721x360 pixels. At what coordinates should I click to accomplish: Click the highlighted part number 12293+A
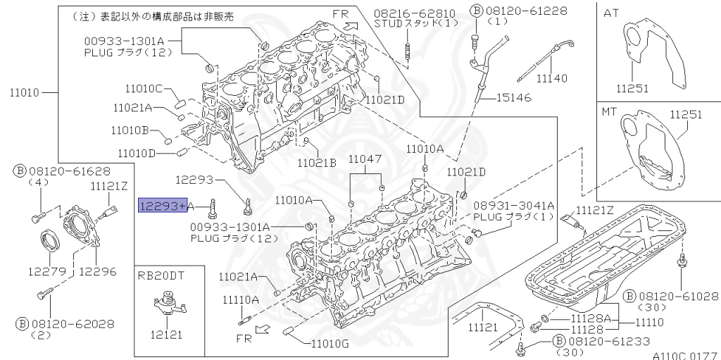(163, 205)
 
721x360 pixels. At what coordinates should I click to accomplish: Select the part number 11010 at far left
(26, 92)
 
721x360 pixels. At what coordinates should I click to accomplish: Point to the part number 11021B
(316, 163)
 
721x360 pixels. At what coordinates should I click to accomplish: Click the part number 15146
(515, 97)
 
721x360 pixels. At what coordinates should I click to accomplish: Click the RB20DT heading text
(161, 275)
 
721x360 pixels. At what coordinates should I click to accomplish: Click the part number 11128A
(591, 318)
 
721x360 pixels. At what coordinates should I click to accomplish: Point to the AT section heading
(611, 11)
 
